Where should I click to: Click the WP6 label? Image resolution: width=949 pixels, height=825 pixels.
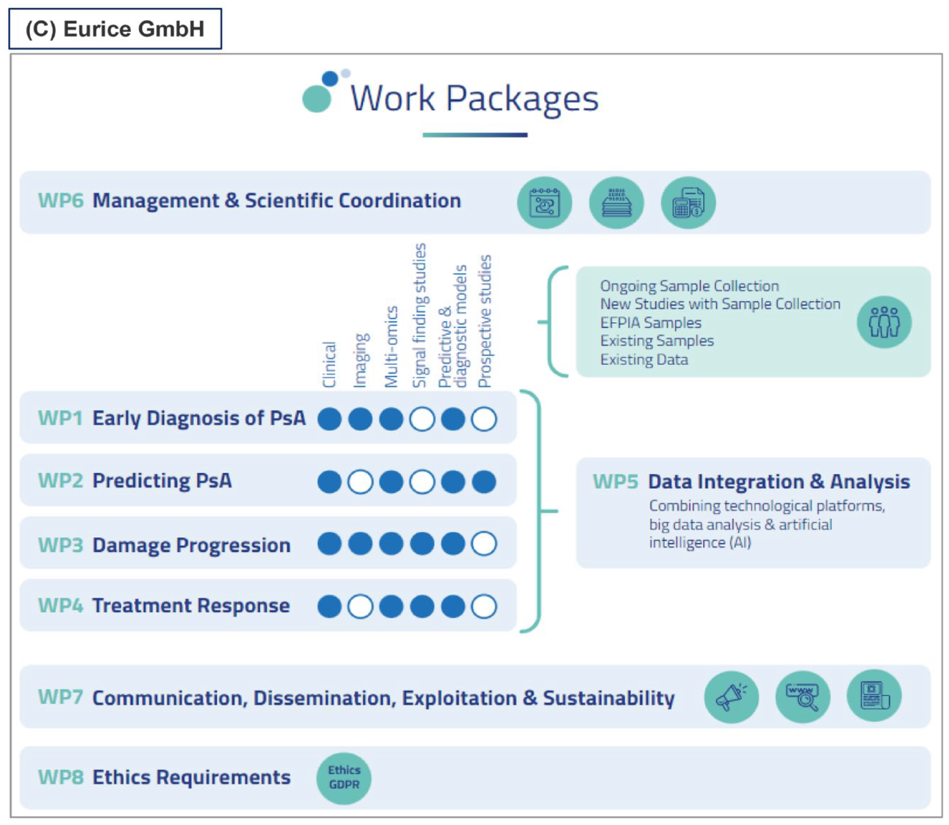pyautogui.click(x=61, y=200)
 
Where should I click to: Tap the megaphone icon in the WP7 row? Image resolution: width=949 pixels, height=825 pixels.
pyautogui.click(x=731, y=697)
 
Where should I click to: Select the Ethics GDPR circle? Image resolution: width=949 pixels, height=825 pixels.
pyautogui.click(x=344, y=778)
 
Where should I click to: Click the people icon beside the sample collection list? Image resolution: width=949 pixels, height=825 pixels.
pyautogui.click(x=884, y=322)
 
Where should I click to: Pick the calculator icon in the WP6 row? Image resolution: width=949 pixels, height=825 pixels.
pyautogui.click(x=688, y=203)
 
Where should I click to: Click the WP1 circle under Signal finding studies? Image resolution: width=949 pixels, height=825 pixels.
pyautogui.click(x=422, y=419)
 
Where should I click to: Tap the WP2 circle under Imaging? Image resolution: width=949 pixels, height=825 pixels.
pyautogui.click(x=360, y=482)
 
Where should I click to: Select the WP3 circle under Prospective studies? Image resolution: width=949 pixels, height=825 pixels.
pyautogui.click(x=484, y=544)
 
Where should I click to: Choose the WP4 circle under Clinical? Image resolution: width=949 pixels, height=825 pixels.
pyautogui.click(x=330, y=606)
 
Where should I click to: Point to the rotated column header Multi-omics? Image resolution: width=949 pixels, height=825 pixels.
pyautogui.click(x=391, y=346)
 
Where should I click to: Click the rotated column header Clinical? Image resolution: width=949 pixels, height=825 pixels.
pyautogui.click(x=330, y=365)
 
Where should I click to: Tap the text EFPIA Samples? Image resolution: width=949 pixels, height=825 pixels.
pyautogui.click(x=651, y=323)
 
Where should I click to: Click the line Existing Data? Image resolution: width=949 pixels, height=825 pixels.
pyautogui.click(x=644, y=360)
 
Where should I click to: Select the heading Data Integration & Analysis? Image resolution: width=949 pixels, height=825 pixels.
pyautogui.click(x=779, y=482)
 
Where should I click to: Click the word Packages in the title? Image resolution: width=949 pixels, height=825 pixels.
pyautogui.click(x=522, y=99)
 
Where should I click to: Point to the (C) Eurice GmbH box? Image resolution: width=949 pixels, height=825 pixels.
pyautogui.click(x=115, y=29)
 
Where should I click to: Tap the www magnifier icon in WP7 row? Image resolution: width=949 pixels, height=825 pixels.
pyautogui.click(x=803, y=697)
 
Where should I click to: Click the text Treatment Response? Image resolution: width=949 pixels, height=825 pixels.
pyautogui.click(x=191, y=606)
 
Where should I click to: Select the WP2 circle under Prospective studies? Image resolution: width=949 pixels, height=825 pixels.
pyautogui.click(x=484, y=482)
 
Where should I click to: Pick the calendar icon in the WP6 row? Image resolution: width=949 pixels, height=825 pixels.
pyautogui.click(x=544, y=203)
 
